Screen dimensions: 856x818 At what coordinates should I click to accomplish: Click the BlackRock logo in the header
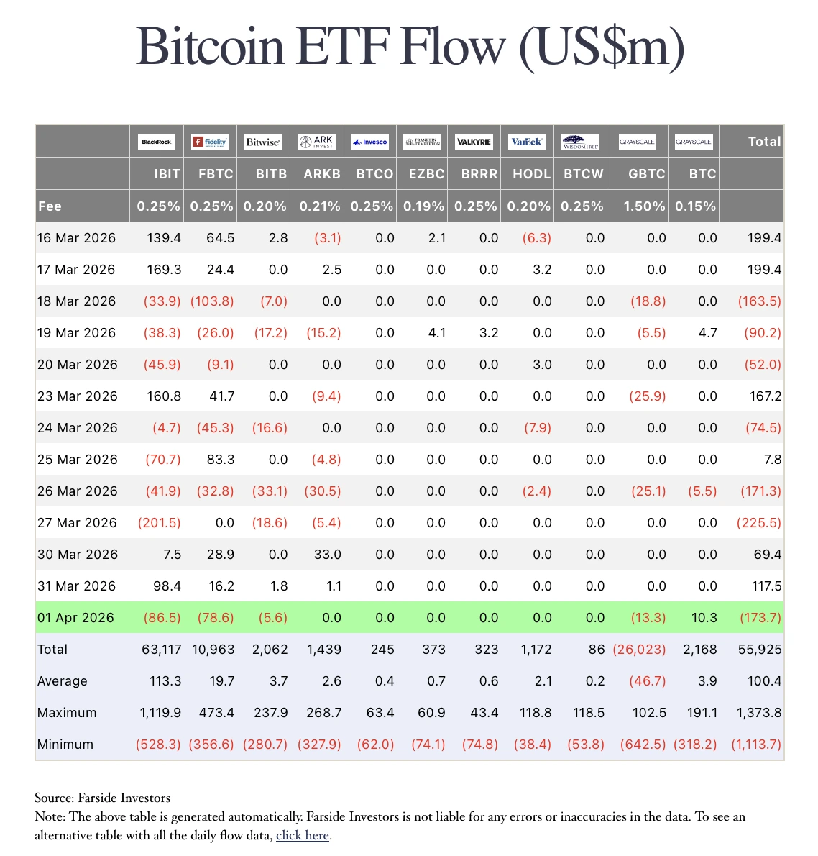pos(156,142)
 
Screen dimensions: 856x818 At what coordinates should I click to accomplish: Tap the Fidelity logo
pos(209,142)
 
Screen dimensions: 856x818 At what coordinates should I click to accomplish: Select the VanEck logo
pos(527,142)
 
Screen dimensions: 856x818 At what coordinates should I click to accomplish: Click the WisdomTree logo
pos(580,142)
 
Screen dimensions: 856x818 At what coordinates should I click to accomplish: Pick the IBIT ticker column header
pos(167,174)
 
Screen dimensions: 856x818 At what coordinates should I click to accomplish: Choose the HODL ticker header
pos(531,174)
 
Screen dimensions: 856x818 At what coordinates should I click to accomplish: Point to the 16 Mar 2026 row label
pos(76,238)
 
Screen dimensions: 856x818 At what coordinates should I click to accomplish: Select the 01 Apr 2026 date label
pos(75,618)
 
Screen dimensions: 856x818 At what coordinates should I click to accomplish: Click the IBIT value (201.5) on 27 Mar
pos(159,523)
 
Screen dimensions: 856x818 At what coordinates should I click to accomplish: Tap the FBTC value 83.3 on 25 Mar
pos(220,460)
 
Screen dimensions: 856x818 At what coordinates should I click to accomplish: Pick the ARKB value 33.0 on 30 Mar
pos(327,555)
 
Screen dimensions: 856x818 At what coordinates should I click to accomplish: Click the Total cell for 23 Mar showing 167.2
pos(765,396)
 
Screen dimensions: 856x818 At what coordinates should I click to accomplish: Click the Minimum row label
pos(65,745)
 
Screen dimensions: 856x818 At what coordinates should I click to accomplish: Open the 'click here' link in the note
pos(302,835)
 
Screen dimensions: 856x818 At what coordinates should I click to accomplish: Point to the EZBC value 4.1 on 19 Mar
pos(436,333)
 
